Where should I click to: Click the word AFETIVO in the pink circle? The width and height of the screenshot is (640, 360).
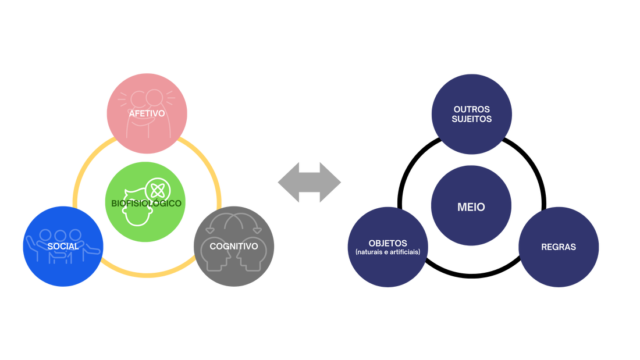click(x=147, y=113)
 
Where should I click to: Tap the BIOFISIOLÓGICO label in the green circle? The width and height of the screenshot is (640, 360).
click(x=146, y=203)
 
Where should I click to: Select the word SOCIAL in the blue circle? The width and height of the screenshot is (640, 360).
click(x=63, y=247)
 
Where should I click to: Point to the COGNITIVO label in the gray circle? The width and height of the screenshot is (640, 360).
click(x=233, y=247)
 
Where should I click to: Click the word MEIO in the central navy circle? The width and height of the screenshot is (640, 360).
click(x=471, y=207)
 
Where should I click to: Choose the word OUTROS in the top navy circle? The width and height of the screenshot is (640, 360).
click(x=472, y=109)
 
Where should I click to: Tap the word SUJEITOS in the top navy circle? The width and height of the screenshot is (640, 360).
click(x=472, y=119)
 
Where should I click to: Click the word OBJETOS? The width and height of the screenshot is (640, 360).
click(x=387, y=243)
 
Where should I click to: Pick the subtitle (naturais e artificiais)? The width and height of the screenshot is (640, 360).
click(x=387, y=252)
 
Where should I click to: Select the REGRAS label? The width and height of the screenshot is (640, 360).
click(x=558, y=247)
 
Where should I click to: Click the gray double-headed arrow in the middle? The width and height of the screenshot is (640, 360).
click(x=309, y=182)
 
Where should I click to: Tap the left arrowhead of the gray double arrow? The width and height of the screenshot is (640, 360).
click(x=286, y=182)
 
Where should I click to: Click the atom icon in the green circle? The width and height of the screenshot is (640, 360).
click(x=158, y=190)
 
